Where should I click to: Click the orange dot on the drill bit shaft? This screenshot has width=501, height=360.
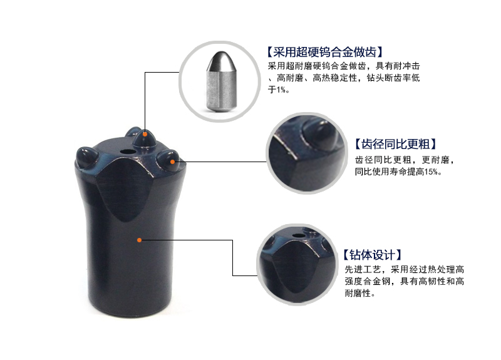140,239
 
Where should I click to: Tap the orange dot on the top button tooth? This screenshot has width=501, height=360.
145,133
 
